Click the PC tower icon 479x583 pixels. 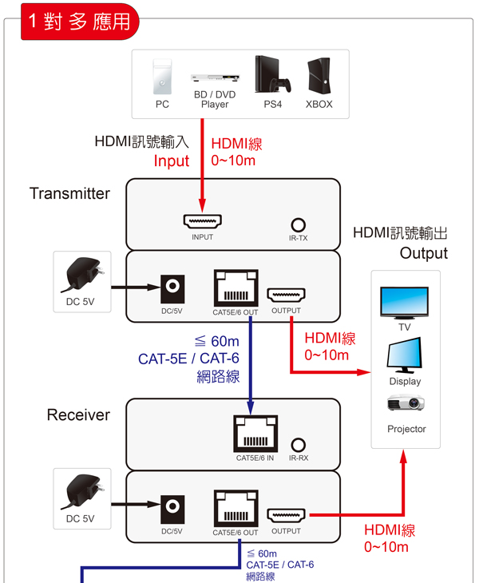(161, 77)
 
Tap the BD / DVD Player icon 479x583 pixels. (215, 78)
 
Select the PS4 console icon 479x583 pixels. (267, 74)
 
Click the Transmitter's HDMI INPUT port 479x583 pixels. (202, 221)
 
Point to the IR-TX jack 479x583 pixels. (299, 225)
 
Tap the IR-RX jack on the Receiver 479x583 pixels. (299, 445)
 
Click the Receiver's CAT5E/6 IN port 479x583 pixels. (255, 434)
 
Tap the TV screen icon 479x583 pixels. (404, 303)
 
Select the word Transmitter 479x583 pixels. (69, 193)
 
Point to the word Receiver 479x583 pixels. (78, 414)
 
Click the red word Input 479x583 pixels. (171, 161)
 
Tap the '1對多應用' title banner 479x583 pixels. (79, 21)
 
